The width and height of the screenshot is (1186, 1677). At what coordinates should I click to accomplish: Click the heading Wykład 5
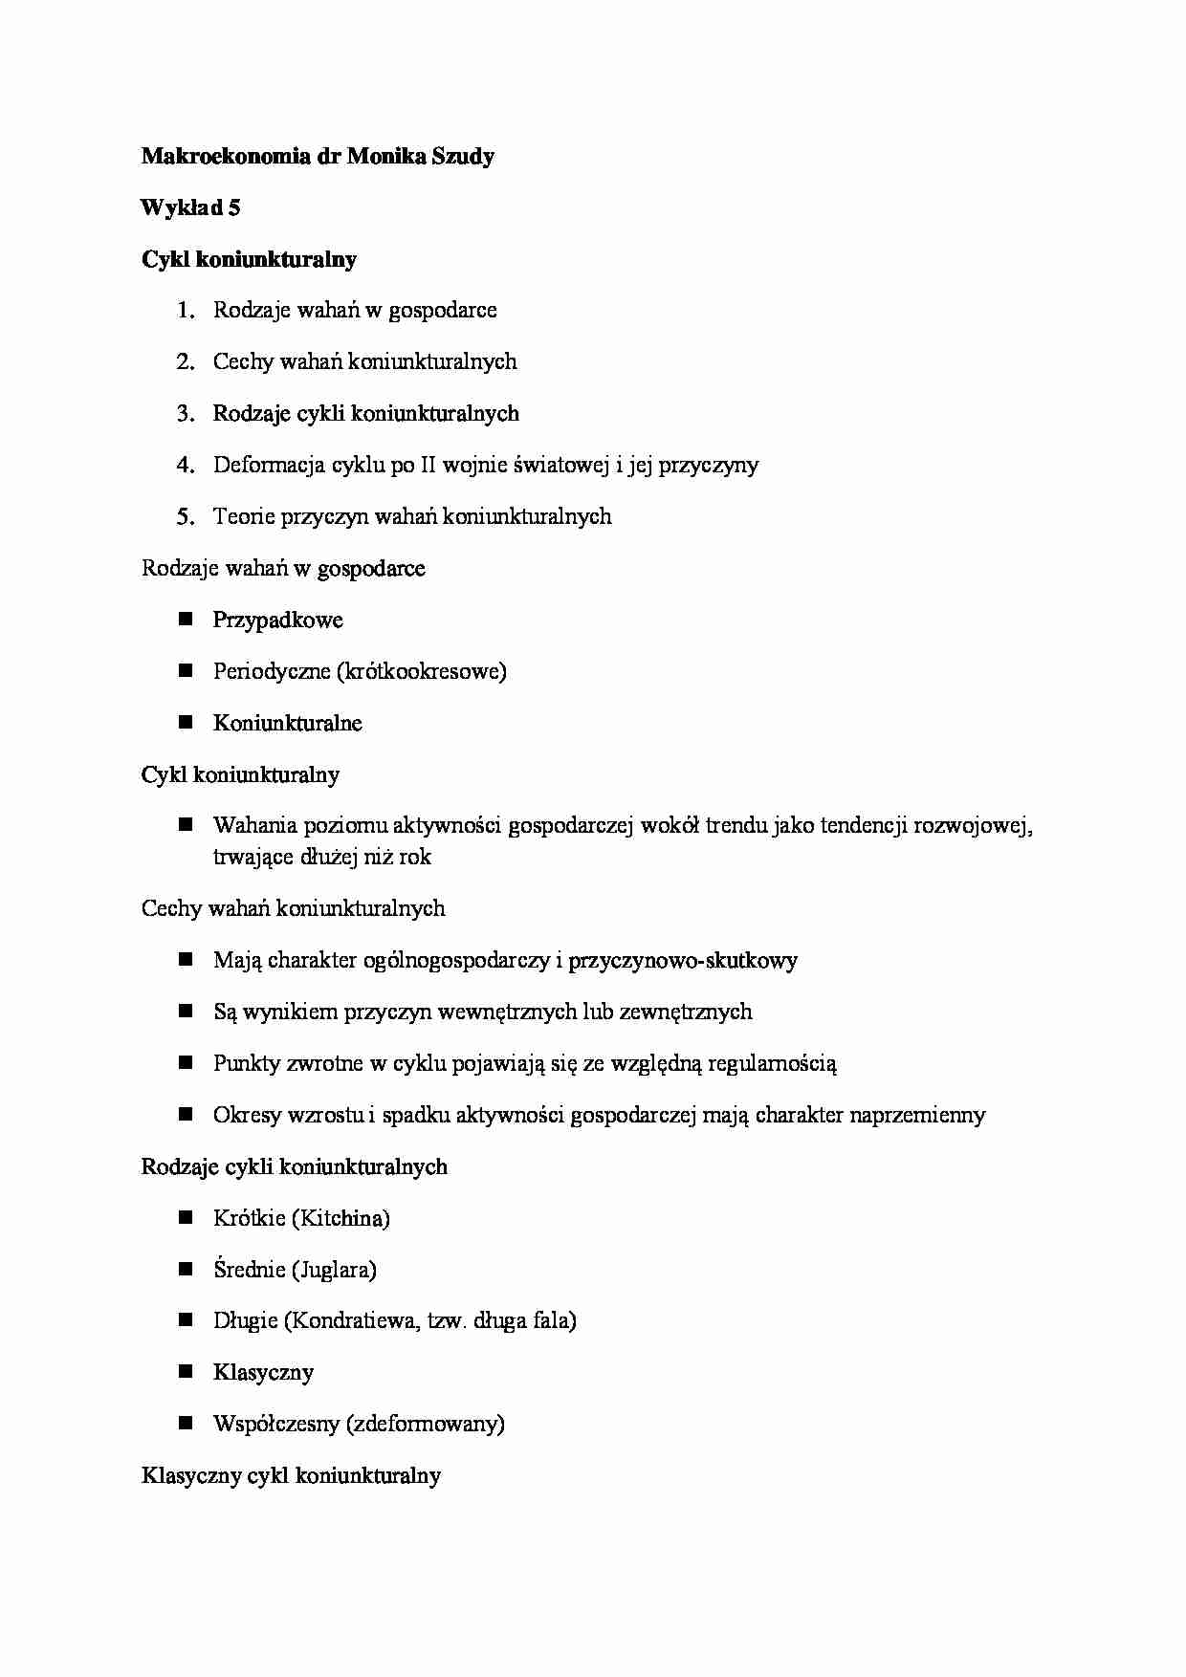pyautogui.click(x=190, y=208)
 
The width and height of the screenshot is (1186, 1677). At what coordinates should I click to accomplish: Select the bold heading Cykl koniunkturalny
pyautogui.click(x=249, y=260)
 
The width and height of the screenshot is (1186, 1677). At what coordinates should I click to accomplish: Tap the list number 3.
pyautogui.click(x=185, y=414)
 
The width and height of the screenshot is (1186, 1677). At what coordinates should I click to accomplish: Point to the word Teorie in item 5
pyautogui.click(x=243, y=517)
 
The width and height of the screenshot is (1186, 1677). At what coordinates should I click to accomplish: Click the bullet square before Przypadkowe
pyautogui.click(x=186, y=620)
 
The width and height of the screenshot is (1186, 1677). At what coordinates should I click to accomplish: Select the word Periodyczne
pyautogui.click(x=271, y=672)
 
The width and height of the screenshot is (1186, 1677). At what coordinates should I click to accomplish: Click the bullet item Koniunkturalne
pyautogui.click(x=287, y=724)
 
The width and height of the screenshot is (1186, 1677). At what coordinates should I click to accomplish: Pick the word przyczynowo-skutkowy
pyautogui.click(x=682, y=961)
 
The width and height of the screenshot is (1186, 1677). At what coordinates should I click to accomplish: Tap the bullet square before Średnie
pyautogui.click(x=186, y=1270)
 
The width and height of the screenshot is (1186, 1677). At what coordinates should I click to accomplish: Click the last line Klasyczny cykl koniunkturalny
pyautogui.click(x=291, y=1476)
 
